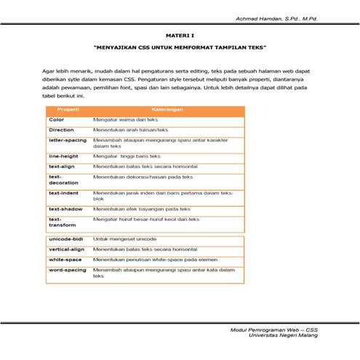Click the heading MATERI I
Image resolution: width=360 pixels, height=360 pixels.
(x=180, y=34)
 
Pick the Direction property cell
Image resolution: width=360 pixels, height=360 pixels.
(x=61, y=129)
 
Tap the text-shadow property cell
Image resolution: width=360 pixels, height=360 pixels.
(x=65, y=209)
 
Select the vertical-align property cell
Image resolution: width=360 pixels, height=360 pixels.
(x=67, y=249)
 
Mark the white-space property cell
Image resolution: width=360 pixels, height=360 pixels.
(x=65, y=259)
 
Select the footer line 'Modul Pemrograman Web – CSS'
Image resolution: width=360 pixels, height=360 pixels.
(x=279, y=329)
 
